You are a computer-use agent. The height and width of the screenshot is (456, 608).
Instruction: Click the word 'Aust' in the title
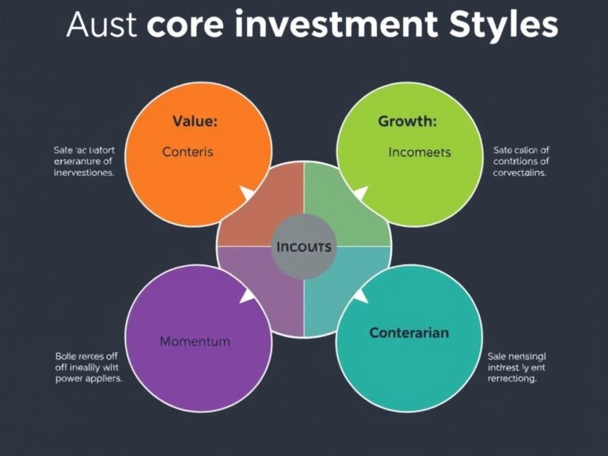102,25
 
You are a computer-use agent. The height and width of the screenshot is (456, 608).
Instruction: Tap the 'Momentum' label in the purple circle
195,341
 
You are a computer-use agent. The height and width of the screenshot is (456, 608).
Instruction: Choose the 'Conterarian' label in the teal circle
408,332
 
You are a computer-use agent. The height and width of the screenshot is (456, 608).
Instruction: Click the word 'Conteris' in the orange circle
188,151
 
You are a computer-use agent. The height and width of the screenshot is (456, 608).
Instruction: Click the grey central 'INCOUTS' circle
304,246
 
